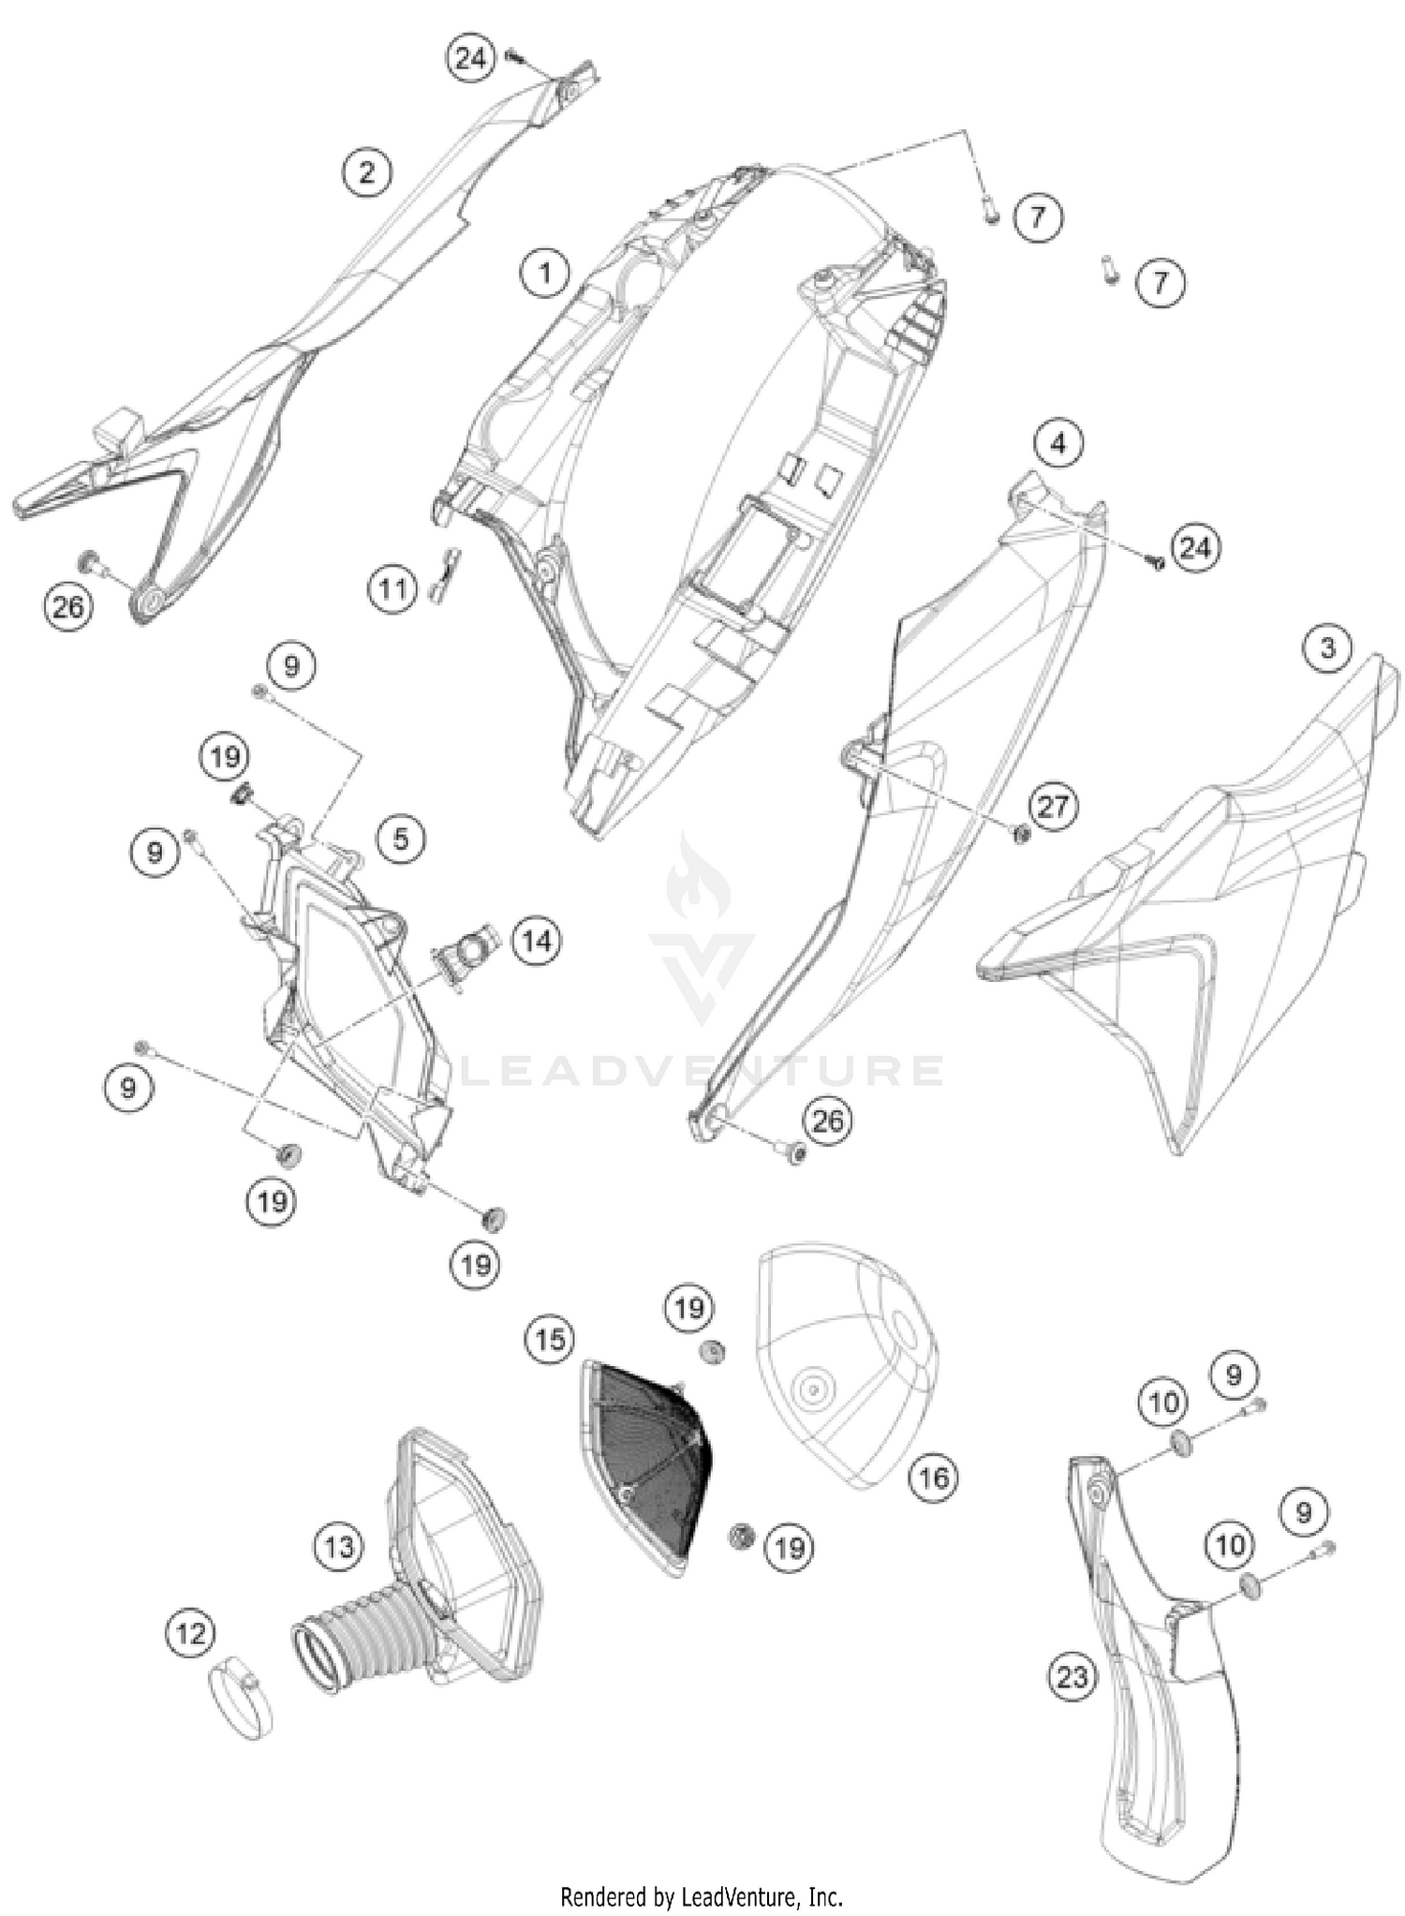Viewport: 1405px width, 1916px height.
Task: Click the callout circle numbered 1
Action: coord(544,274)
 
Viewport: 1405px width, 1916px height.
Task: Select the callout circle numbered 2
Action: coord(366,171)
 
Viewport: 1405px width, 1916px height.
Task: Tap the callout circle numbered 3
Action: coord(1327,647)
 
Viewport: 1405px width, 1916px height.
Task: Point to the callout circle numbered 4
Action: coord(1058,442)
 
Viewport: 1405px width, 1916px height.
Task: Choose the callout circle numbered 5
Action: coord(401,838)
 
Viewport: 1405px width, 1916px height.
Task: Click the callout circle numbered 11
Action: coord(392,589)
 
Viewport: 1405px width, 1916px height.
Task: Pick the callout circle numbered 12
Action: coord(190,1634)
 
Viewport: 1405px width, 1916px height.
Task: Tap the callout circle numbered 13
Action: coord(339,1545)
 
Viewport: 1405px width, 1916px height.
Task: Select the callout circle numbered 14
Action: coord(537,940)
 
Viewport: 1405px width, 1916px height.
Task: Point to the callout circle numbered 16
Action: coord(933,1478)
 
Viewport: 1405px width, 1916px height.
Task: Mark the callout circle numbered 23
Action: coord(1072,1676)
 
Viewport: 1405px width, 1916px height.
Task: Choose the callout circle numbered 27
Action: coord(1053,806)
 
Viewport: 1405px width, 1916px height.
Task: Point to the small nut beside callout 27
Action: coord(1023,832)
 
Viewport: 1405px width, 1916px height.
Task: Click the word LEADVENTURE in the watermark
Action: coord(702,1070)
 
